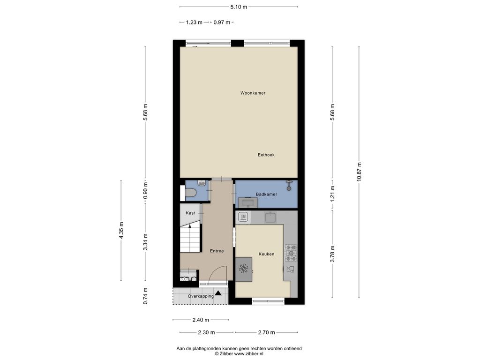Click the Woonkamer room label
(253, 93)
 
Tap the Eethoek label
(266, 155)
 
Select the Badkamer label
(266, 195)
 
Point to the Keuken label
(266, 254)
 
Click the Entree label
(217, 251)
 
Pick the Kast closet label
(190, 213)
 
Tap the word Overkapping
(201, 296)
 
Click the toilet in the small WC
(190, 193)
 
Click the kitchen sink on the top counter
(270, 217)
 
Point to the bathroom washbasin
(248, 202)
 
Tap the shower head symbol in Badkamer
(289, 186)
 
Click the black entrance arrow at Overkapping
(218, 293)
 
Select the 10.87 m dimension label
(359, 172)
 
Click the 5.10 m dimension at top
(239, 7)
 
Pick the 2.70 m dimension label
(266, 332)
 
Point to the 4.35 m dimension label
(121, 230)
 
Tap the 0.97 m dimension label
(222, 22)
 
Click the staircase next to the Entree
(190, 238)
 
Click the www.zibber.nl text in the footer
(248, 353)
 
